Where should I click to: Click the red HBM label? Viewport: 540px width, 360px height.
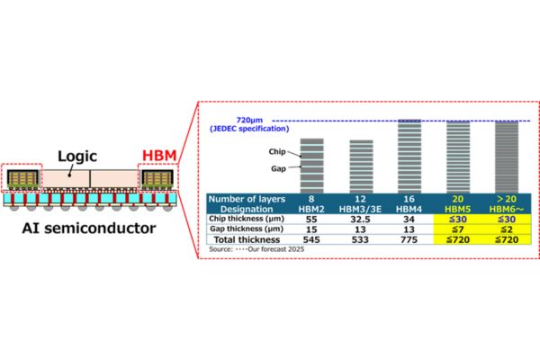[158, 153]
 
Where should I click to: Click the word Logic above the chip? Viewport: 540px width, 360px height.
[81, 154]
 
